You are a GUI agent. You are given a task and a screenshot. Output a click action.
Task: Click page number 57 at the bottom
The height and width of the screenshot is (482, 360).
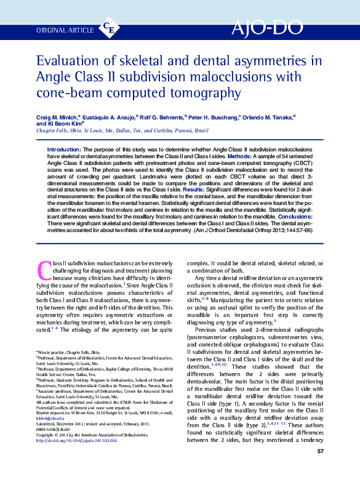[320, 469]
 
